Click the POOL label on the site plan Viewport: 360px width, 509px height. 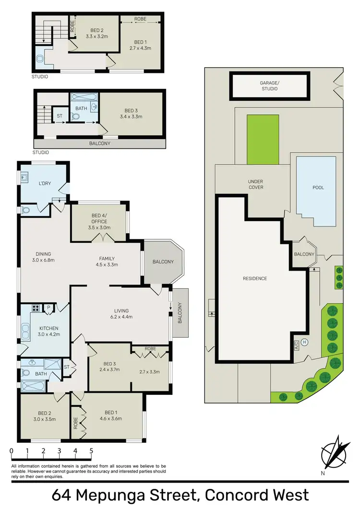[318, 188]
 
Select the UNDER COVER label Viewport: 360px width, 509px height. [255, 184]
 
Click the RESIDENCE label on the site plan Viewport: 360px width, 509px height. [254, 278]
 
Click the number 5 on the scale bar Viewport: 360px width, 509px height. [91, 451]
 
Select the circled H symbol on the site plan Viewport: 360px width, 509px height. [304, 342]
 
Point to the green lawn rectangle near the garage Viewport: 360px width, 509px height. [263, 139]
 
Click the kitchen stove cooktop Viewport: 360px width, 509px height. [35, 308]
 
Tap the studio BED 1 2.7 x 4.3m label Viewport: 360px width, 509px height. [140, 45]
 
